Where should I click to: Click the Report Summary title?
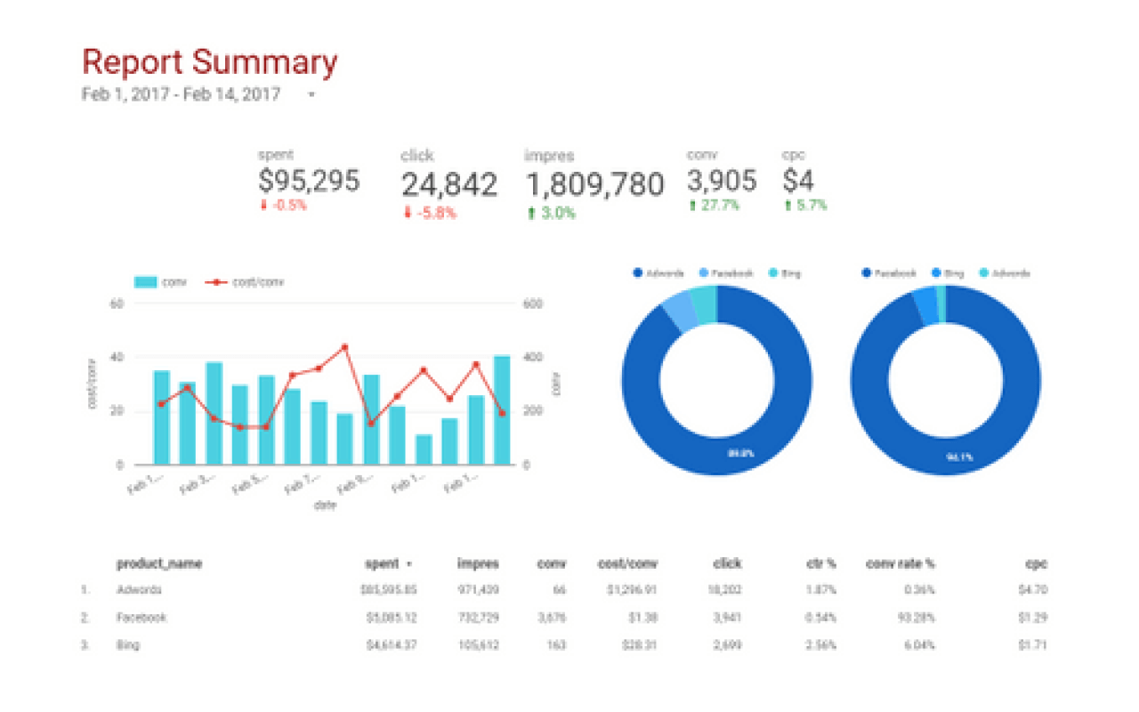pyautogui.click(x=210, y=62)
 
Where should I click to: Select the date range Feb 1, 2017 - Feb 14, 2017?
pyautogui.click(x=182, y=94)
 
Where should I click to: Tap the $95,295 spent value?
pyautogui.click(x=309, y=181)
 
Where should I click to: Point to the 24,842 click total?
pyautogui.click(x=448, y=184)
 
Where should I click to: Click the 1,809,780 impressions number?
pyautogui.click(x=594, y=184)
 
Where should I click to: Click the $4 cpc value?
pyautogui.click(x=798, y=181)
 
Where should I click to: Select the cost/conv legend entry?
pyautogui.click(x=256, y=282)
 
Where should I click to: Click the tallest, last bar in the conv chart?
pyautogui.click(x=502, y=409)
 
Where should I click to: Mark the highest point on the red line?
pyautogui.click(x=344, y=347)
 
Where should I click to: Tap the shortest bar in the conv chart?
pyautogui.click(x=424, y=449)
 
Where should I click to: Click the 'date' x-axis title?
pyautogui.click(x=324, y=505)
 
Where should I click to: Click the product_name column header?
pyautogui.click(x=159, y=563)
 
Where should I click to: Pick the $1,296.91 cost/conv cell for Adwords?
pyautogui.click(x=632, y=589)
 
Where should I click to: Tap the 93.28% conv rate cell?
pyautogui.click(x=916, y=617)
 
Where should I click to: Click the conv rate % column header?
pyautogui.click(x=900, y=563)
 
